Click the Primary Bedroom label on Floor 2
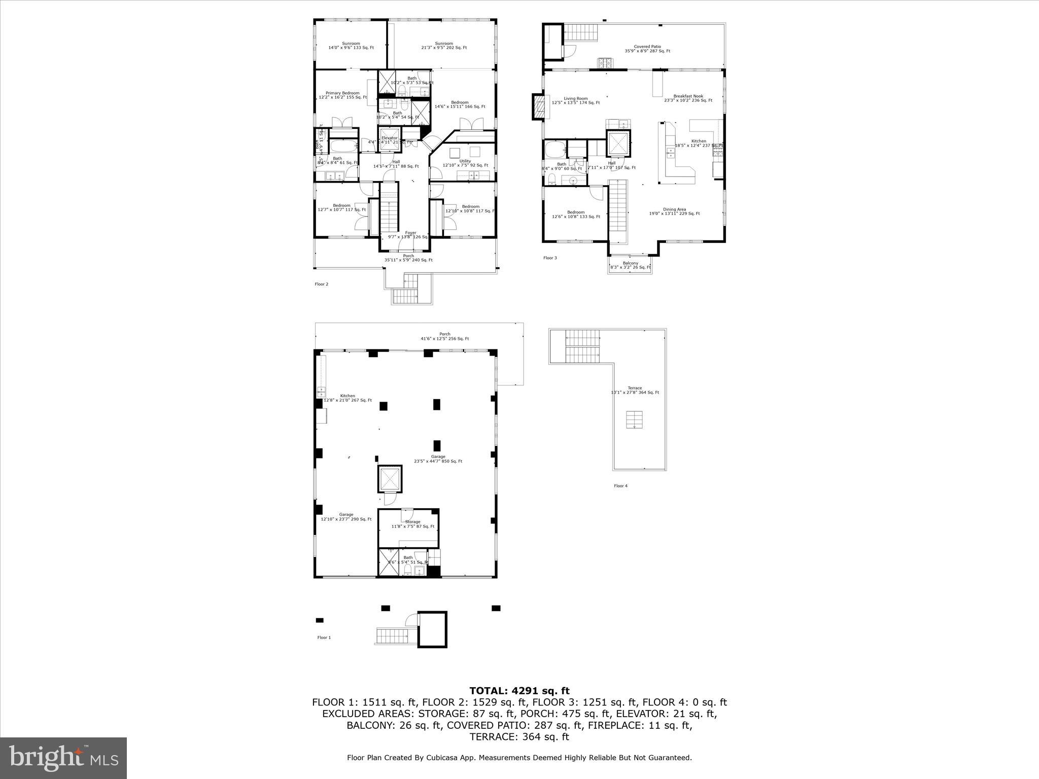(342, 95)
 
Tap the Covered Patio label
(647, 49)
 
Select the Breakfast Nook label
(688, 98)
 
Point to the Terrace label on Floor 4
(635, 390)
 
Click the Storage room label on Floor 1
(412, 524)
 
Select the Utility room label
(465, 163)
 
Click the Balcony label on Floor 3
(630, 265)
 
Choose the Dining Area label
(674, 211)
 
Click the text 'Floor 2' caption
(321, 284)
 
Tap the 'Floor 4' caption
(620, 486)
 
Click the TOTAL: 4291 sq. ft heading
(519, 691)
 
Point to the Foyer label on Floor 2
(410, 234)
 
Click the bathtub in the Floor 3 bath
(555, 150)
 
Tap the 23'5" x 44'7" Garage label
(438, 459)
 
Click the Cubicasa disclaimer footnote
(519, 758)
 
